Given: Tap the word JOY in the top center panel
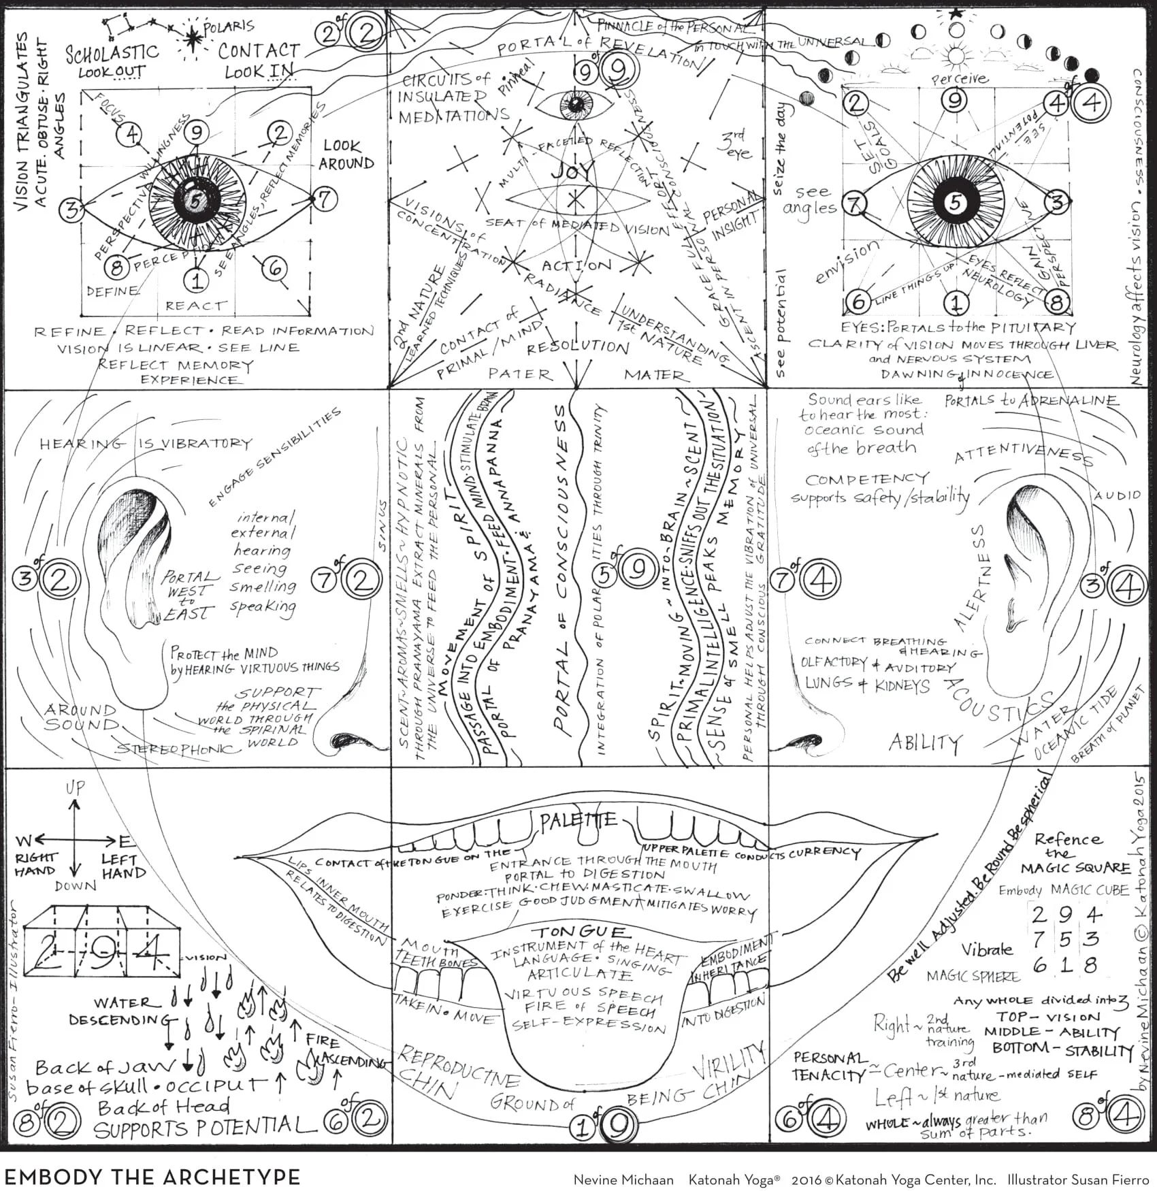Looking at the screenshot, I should coord(572,170).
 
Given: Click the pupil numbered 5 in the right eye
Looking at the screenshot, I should coord(956,202).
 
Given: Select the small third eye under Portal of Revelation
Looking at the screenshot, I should coord(576,104).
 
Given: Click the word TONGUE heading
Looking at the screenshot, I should coord(581,932).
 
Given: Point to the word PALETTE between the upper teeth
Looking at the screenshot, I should coord(578,821).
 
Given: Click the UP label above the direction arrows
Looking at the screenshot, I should coord(75,788).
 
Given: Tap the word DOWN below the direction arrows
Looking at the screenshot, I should coord(76,885).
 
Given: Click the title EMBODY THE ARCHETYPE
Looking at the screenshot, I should coord(152,1177).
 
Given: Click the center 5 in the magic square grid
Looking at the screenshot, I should coord(1064,940).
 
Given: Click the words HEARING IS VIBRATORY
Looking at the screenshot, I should coord(146,444).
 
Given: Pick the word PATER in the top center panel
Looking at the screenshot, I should coord(520,374).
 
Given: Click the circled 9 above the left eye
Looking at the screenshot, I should coord(195,131).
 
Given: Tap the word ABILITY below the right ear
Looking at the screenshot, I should coord(925,742).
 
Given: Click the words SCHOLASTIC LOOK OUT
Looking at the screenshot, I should coord(112,61).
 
